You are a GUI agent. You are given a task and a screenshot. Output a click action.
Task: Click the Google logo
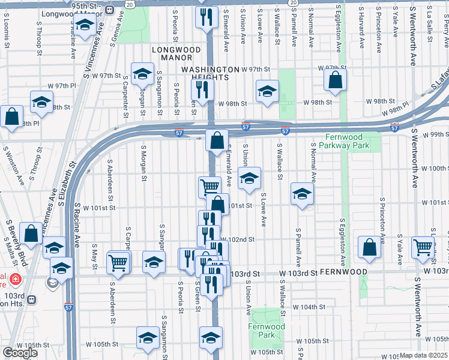19,353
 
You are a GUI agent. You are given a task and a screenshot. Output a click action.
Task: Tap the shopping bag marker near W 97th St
335,79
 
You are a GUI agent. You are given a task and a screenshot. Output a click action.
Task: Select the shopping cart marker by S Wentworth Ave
423,246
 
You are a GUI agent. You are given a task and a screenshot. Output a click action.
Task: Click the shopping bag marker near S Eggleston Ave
369,246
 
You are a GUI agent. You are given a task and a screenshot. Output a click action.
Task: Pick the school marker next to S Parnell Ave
302,193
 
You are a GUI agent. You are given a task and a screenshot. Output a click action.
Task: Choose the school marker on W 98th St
267,91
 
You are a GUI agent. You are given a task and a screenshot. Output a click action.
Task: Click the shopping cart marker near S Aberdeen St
118,262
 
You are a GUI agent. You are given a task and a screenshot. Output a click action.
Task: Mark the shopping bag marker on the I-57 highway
217,140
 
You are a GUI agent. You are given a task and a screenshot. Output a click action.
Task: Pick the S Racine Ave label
77,229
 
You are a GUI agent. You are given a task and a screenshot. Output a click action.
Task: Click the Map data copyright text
423,355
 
